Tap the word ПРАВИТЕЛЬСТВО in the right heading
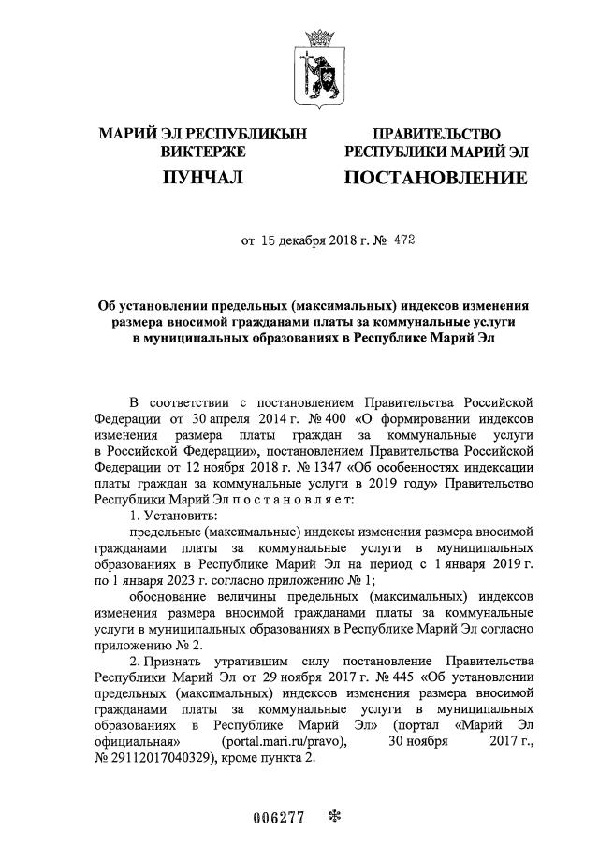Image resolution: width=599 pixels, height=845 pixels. pyautogui.click(x=436, y=135)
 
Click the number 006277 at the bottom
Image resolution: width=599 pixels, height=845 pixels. pyautogui.click(x=279, y=817)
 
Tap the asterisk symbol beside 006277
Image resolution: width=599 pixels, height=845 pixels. pyautogui.click(x=334, y=816)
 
